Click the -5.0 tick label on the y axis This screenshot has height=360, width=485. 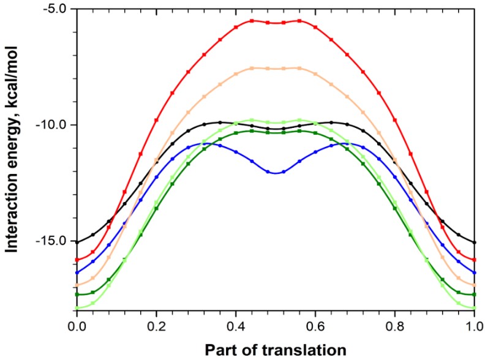(x=53, y=10)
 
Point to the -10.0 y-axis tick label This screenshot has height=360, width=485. (x=51, y=125)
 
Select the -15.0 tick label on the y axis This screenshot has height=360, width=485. (x=51, y=241)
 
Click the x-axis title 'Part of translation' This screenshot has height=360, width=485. (x=275, y=350)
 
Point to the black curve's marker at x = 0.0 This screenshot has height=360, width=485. (x=77, y=242)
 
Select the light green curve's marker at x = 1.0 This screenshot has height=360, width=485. (x=474, y=308)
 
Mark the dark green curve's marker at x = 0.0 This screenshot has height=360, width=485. (x=77, y=294)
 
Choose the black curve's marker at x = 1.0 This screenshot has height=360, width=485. (x=474, y=242)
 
